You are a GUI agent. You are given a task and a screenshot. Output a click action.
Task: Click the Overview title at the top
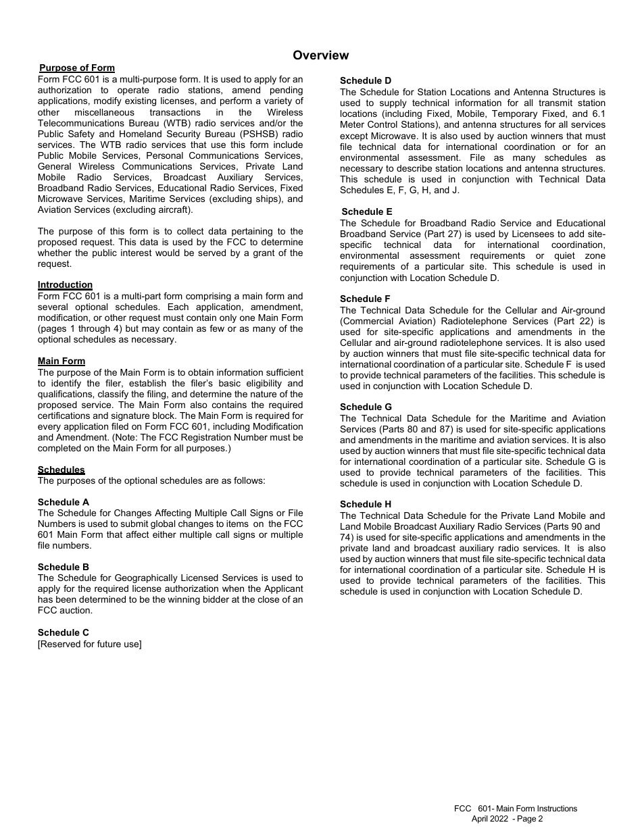321,55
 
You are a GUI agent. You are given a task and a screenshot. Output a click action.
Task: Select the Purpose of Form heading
77,68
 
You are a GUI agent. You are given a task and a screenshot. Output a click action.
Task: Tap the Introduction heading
65,285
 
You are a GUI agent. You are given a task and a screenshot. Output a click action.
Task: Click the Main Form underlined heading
61,361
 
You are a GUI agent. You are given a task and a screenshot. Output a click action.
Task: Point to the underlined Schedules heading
61,470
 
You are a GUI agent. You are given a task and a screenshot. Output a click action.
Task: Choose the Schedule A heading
64,502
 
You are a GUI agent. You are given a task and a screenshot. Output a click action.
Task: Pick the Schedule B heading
64,567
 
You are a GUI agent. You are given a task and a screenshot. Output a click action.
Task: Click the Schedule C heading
64,632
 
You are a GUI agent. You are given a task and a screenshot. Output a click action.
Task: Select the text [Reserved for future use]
90,644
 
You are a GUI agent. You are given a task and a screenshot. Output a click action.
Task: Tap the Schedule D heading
366,80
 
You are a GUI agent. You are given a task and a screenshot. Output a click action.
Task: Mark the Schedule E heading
367,211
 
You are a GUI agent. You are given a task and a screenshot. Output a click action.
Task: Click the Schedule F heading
366,299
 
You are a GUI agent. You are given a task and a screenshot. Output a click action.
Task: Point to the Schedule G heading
366,407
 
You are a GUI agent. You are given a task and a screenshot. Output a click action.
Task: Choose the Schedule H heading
366,504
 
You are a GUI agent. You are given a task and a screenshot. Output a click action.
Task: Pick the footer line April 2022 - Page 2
507,819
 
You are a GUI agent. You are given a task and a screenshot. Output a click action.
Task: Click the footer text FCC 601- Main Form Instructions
516,809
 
